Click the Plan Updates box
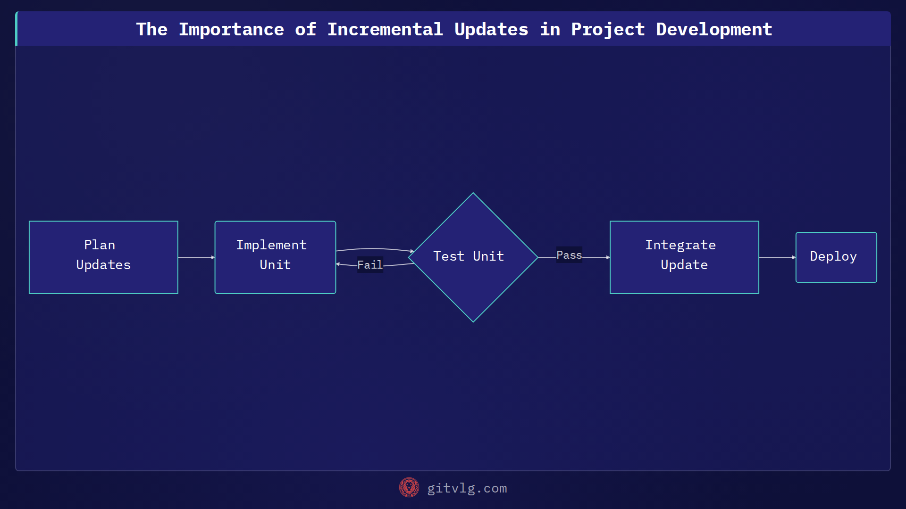103,257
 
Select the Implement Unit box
275,257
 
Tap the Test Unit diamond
473,257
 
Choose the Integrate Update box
684,257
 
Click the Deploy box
836,257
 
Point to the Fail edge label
369,265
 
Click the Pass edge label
569,255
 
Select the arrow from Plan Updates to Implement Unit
196,257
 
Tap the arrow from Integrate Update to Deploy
777,257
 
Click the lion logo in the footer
409,487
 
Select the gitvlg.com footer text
467,488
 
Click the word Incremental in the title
385,29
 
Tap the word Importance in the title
231,29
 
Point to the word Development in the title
714,29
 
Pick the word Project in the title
608,29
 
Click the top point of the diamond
473,194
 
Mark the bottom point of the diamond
473,321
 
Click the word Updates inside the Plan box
103,265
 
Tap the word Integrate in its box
680,245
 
